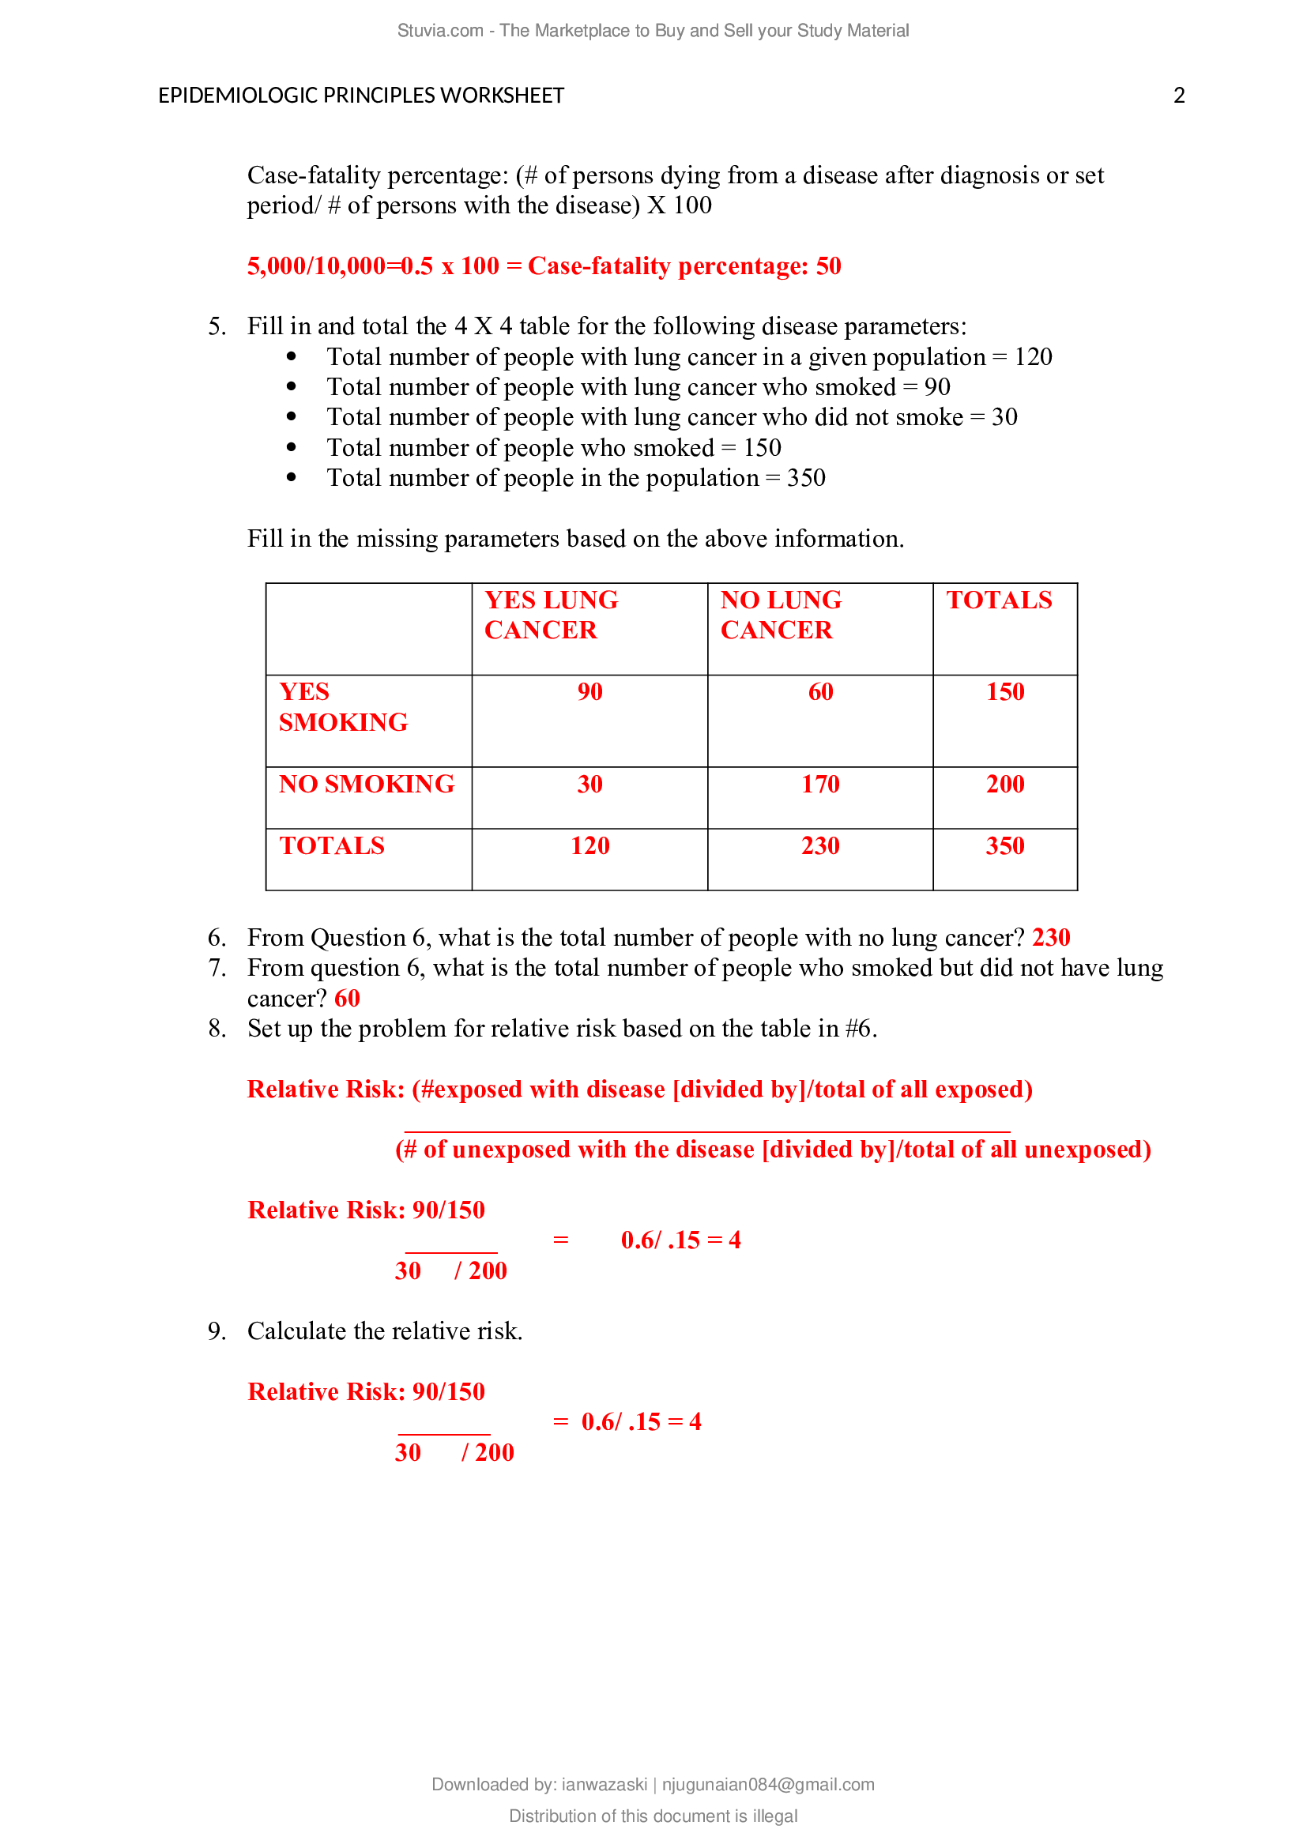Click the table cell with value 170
pos(820,784)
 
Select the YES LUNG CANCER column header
pos(551,615)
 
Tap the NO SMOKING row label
pos(366,784)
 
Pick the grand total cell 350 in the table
pos(1004,846)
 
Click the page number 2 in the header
pos(1178,96)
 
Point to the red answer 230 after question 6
pos(1050,938)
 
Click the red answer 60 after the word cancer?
pos(347,999)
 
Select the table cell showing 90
pos(589,692)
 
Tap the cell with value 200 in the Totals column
pos(1004,784)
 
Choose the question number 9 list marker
pos(216,1331)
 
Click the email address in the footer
pos(768,1785)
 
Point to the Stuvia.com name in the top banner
pos(439,31)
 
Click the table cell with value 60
pos(820,692)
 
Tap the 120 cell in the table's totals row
pos(589,846)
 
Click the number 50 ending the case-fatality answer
pos(828,266)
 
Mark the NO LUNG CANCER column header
pos(780,615)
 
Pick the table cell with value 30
pos(589,784)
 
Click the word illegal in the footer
pos(775,1816)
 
